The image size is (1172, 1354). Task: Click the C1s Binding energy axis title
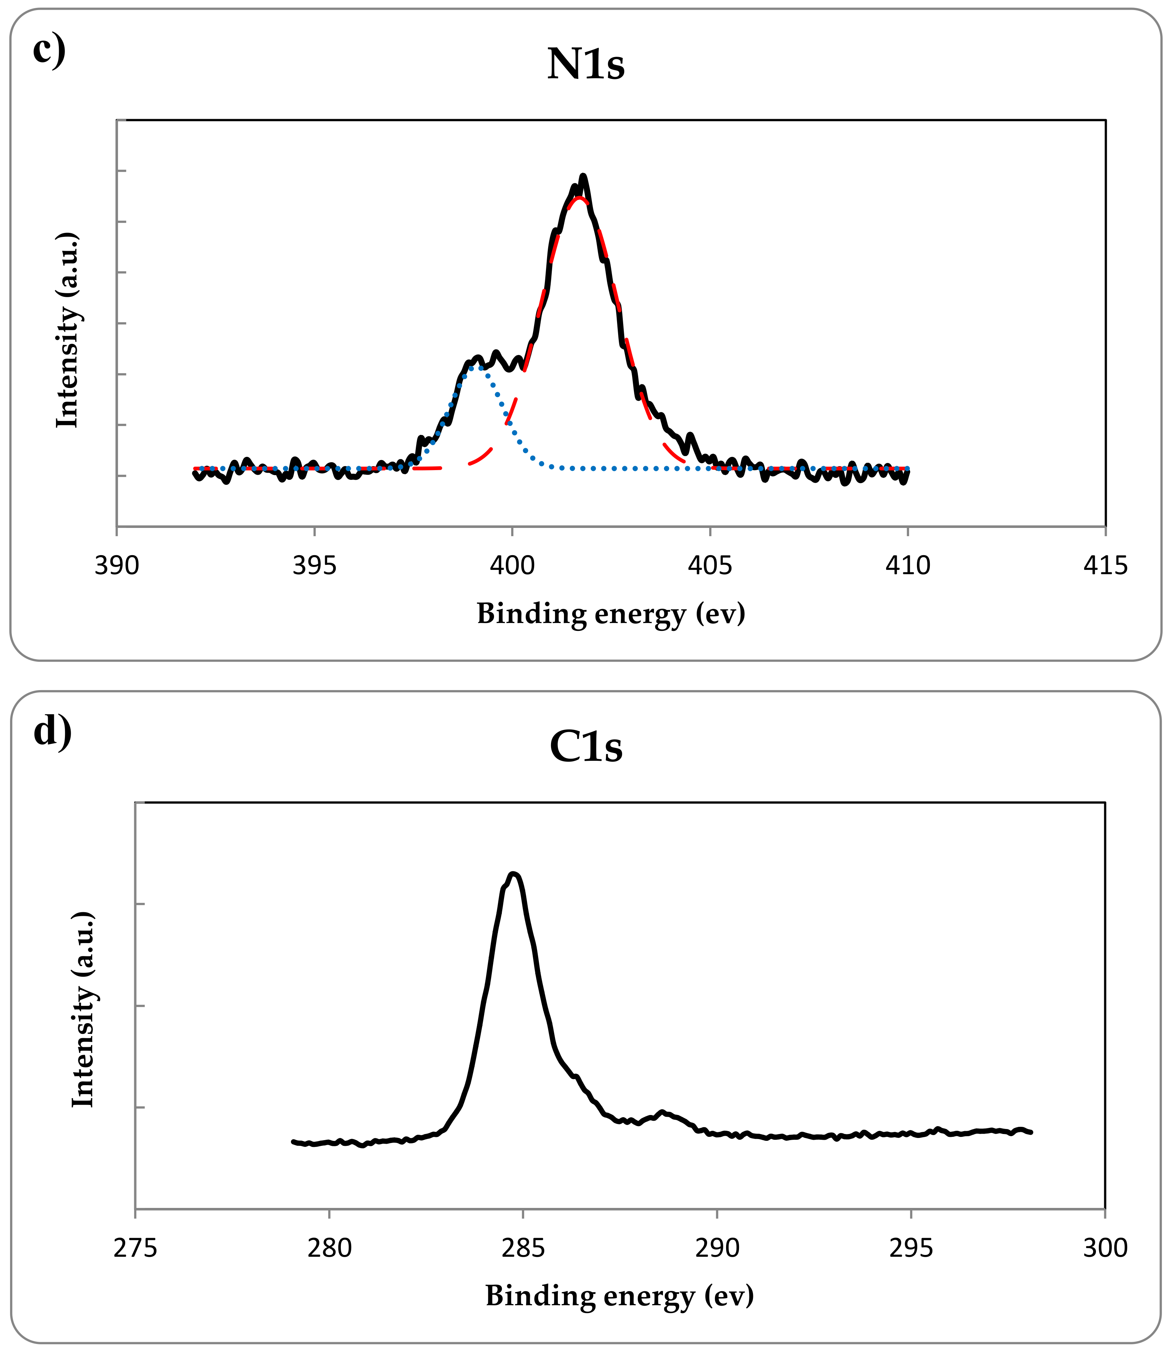[x=619, y=1296]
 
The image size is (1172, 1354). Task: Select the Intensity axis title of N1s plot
[x=67, y=330]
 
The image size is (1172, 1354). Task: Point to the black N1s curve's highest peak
[x=583, y=176]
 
